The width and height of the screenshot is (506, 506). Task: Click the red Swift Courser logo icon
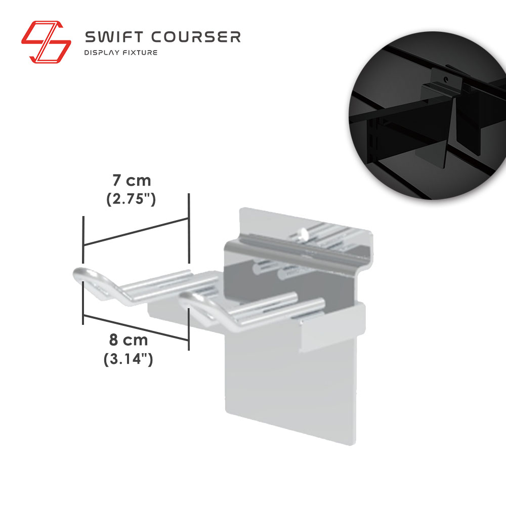[46, 42]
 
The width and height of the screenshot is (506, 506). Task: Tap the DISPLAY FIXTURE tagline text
[121, 53]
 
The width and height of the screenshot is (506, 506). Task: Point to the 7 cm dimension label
[132, 181]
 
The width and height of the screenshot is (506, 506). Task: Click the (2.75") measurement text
[131, 199]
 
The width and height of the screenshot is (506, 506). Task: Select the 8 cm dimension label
[129, 340]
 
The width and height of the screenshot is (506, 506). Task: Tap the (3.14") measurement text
[128, 359]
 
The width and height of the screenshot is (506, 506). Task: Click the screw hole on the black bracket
[446, 79]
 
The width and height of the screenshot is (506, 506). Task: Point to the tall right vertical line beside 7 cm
[189, 229]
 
